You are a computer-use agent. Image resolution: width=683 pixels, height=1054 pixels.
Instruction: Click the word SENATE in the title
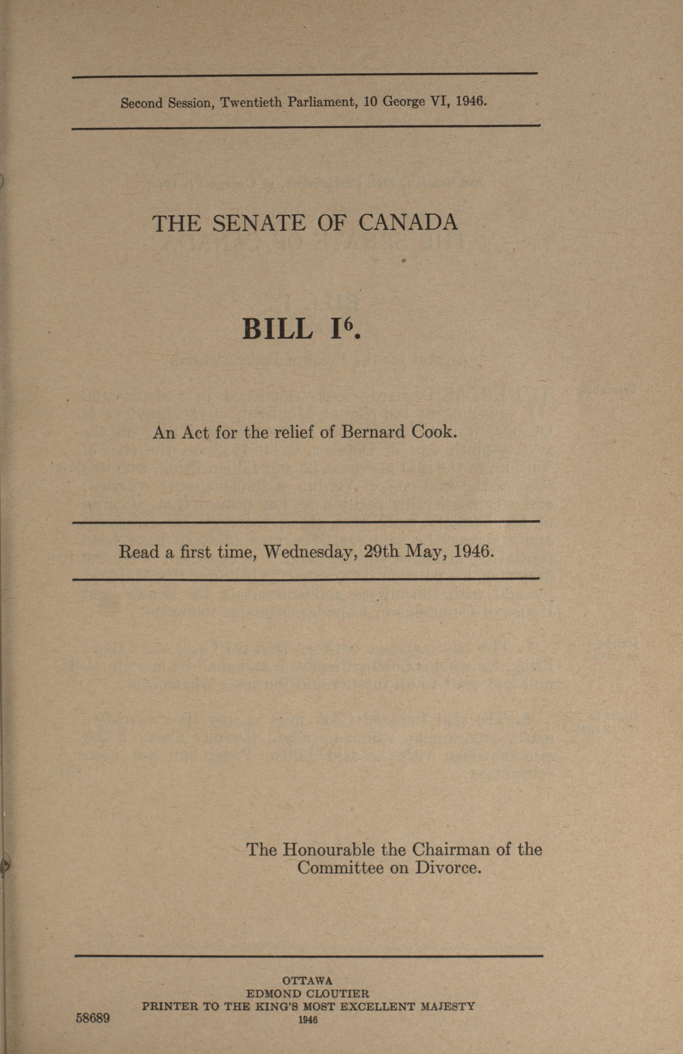(x=259, y=223)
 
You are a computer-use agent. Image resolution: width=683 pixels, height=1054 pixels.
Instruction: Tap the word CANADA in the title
(x=408, y=223)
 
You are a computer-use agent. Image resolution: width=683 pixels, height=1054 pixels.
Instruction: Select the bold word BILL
(x=277, y=329)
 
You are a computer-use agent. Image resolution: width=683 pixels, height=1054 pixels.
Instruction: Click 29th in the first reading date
(x=380, y=552)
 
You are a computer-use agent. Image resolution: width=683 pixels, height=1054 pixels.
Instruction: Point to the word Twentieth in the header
(x=251, y=103)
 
